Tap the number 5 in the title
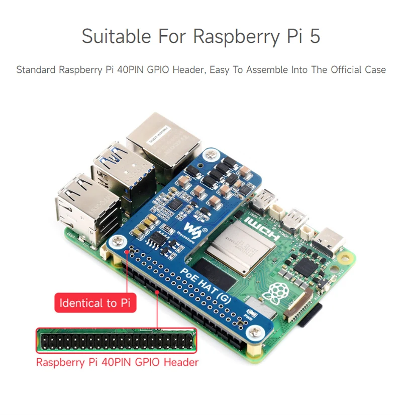315,37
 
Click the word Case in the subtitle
375,70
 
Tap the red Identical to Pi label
95,303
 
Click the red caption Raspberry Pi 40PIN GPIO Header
117,362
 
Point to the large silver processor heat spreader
246,249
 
